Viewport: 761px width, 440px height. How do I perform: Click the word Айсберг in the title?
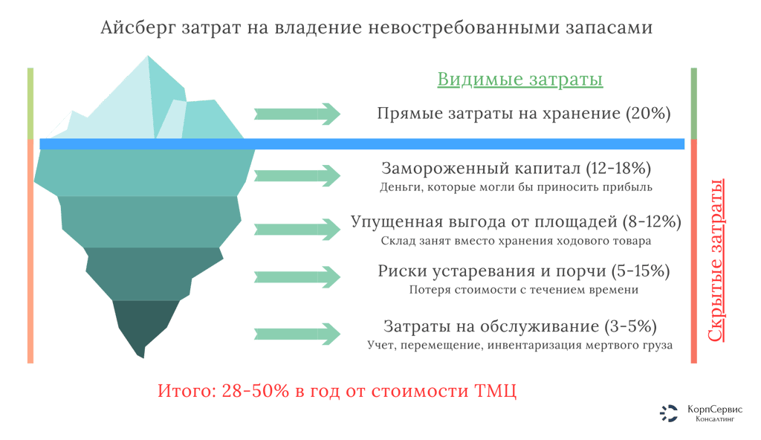click(136, 29)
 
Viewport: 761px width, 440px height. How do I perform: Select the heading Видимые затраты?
click(519, 80)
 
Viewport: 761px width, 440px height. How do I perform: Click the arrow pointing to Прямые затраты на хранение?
click(297, 114)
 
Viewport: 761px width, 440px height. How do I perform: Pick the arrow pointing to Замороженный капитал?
click(297, 175)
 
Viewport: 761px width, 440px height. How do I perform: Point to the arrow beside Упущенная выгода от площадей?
click(297, 227)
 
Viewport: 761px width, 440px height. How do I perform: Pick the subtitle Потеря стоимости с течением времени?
click(523, 289)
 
